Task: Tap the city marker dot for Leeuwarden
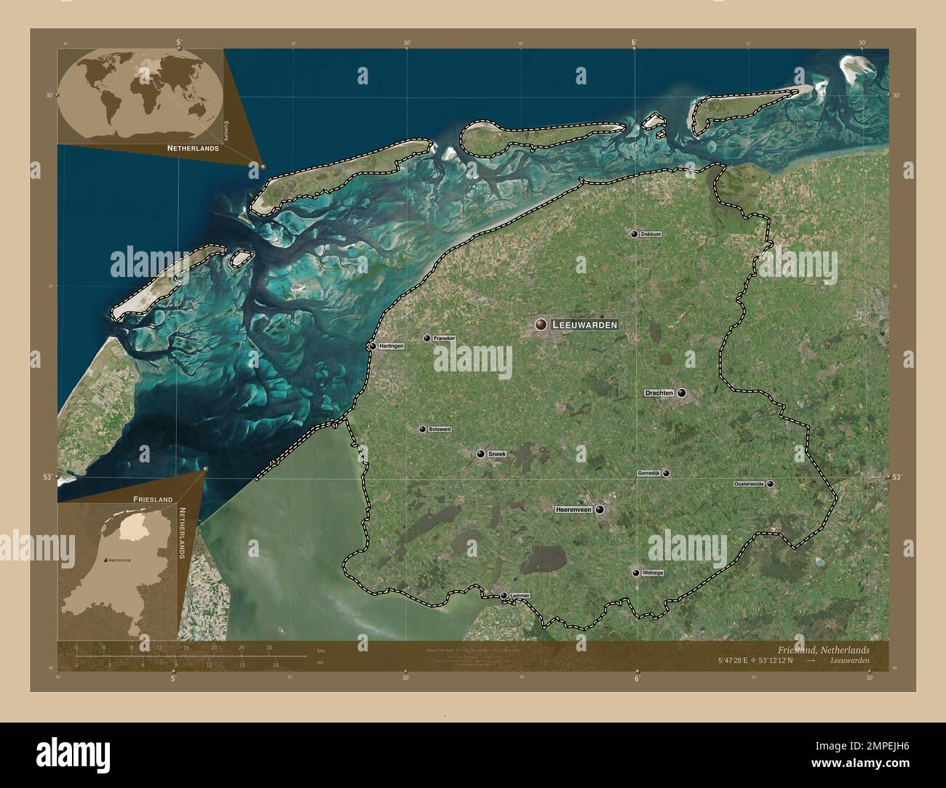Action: point(541,324)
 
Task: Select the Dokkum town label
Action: point(651,234)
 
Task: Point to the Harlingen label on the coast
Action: point(391,346)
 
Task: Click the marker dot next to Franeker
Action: point(426,338)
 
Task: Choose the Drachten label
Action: point(659,393)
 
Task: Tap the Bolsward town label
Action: point(440,429)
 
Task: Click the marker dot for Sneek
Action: point(480,454)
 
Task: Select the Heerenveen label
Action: point(573,510)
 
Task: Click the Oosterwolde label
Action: point(749,483)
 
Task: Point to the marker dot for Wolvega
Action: point(636,573)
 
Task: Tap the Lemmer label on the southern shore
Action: point(520,595)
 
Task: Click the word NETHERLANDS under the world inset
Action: point(193,148)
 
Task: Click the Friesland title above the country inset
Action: point(153,499)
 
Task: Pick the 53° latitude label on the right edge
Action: point(897,478)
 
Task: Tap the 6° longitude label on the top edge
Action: point(635,42)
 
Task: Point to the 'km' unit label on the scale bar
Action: point(321,650)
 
